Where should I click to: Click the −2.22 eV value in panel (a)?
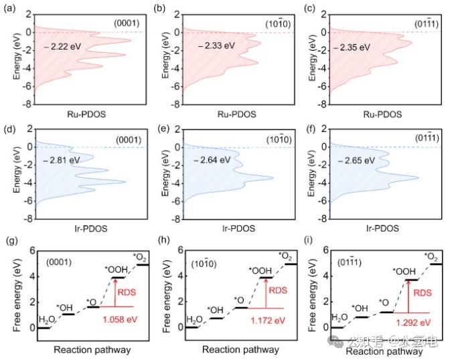[x=63, y=46]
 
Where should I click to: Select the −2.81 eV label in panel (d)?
[x=62, y=160]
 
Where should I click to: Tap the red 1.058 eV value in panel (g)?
[x=120, y=319]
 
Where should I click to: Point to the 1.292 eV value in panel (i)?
[x=414, y=323]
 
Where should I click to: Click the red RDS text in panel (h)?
[x=278, y=290]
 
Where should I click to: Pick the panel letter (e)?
[x=164, y=130]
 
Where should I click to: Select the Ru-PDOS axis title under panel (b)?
[x=237, y=114]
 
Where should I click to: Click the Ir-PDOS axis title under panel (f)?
[x=382, y=228]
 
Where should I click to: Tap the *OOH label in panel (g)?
[x=116, y=270]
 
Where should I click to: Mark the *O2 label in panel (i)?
[x=431, y=257]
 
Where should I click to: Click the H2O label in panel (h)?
[x=195, y=320]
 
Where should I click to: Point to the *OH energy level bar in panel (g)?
[x=68, y=314]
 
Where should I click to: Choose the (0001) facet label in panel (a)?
[x=127, y=23]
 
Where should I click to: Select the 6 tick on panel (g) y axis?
[x=32, y=251]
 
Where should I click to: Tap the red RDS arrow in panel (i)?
[x=408, y=296]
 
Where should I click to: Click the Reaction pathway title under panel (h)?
[x=240, y=350]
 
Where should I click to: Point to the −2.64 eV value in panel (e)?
[x=212, y=160]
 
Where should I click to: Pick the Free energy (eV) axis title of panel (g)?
[x=17, y=295]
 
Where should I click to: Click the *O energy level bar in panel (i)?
[x=386, y=312]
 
